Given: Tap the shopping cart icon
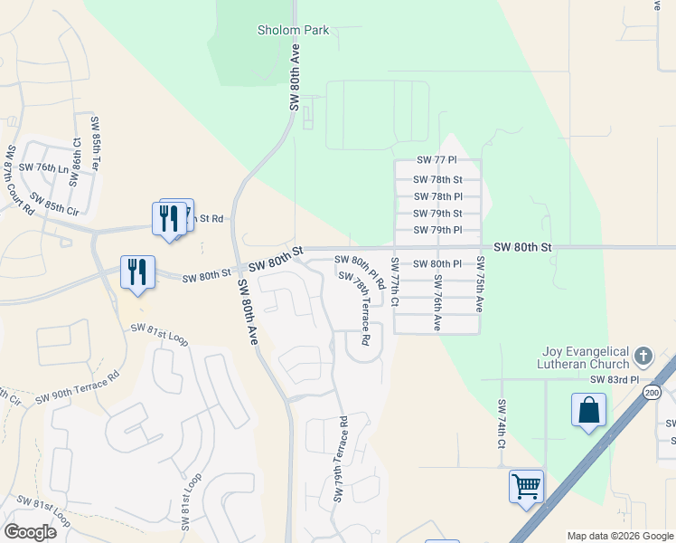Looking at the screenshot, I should tap(526, 487).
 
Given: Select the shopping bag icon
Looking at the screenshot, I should tap(588, 409).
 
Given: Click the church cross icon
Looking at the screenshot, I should tap(643, 355).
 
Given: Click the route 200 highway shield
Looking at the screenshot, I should tap(653, 392).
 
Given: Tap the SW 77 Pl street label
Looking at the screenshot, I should tap(438, 160).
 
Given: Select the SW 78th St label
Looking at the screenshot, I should tap(438, 179).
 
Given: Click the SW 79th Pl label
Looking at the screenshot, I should tap(438, 230).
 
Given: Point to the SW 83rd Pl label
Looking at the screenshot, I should tap(615, 381).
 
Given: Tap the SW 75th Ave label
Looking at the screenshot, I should tap(480, 285).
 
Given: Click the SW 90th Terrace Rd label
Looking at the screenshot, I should tap(78, 387).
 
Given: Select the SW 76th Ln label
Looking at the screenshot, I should tap(44, 167).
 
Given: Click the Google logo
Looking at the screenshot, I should tap(30, 532).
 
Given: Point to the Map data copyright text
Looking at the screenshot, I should tap(619, 536).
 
